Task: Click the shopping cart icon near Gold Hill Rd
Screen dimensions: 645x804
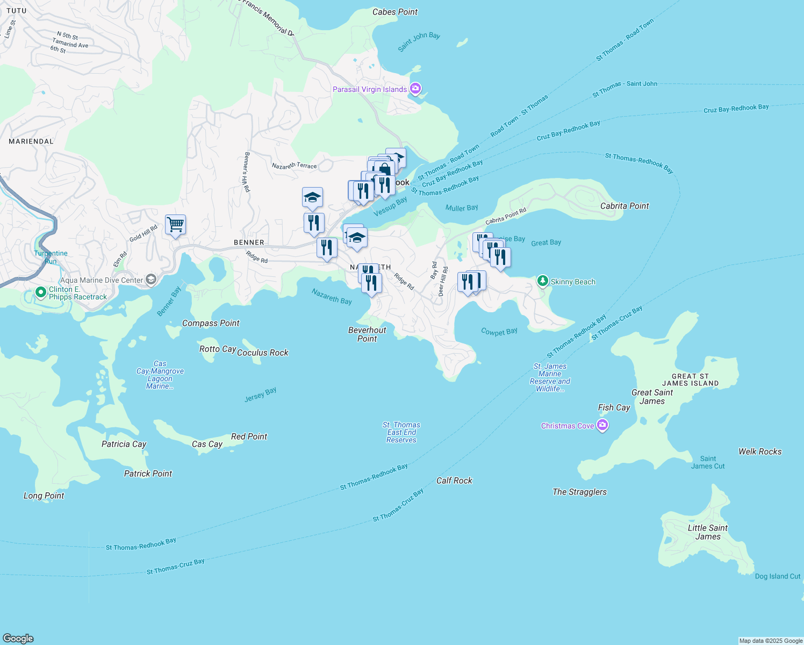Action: (x=176, y=224)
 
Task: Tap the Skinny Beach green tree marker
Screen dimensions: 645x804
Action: (x=543, y=281)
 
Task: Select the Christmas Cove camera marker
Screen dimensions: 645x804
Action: (x=602, y=426)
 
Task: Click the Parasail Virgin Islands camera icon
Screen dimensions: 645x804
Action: (x=415, y=89)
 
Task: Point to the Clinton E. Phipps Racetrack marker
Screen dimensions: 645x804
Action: (x=40, y=292)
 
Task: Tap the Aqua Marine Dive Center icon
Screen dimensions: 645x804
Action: (x=151, y=279)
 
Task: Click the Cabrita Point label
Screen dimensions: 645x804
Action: (x=624, y=206)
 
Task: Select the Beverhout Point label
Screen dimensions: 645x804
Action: (x=367, y=334)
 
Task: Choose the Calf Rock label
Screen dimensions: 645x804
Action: (x=454, y=481)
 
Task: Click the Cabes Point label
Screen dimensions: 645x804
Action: (x=395, y=12)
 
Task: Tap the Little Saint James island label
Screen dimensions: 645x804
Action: (x=707, y=532)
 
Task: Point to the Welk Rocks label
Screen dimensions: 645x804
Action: (x=760, y=451)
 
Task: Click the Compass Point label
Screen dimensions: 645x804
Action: (x=211, y=323)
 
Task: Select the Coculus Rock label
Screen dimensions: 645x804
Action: (x=263, y=353)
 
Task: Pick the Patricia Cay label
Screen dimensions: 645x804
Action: (x=124, y=444)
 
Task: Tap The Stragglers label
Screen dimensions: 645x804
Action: (x=579, y=492)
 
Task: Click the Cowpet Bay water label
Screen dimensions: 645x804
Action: (x=499, y=332)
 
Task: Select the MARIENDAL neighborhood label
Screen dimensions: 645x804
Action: (x=31, y=141)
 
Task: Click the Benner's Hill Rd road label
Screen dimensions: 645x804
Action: (x=247, y=172)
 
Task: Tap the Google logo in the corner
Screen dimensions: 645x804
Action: (x=18, y=638)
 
